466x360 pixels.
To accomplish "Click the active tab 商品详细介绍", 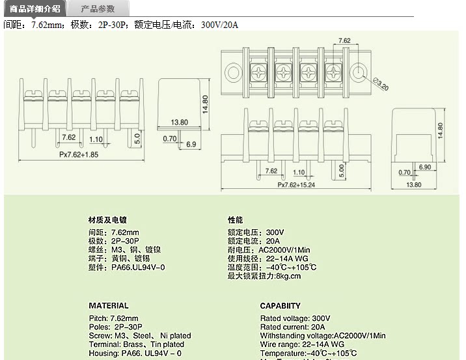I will (34, 8).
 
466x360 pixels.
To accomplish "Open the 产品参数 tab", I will (98, 8).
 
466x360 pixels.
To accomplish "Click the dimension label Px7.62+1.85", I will (79, 155).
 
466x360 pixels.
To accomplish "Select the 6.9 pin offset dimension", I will (191, 144).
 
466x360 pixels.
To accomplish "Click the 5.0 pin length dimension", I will (137, 138).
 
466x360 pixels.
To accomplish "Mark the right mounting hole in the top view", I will (358, 70).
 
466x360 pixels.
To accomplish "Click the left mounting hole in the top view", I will (232, 70).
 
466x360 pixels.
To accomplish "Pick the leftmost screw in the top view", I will (258, 70).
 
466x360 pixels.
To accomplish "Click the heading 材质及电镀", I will (108, 220).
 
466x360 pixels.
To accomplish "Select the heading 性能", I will (235, 220).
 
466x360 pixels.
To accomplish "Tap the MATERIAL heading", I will (109, 305).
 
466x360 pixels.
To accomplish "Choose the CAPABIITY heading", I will (281, 305).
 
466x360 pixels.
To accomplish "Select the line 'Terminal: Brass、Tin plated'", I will (136, 344).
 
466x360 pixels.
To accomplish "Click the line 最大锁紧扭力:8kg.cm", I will (264, 276).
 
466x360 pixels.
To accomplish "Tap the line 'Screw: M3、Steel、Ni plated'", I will (140, 335).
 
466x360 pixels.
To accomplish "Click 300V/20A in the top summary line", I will (220, 25).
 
